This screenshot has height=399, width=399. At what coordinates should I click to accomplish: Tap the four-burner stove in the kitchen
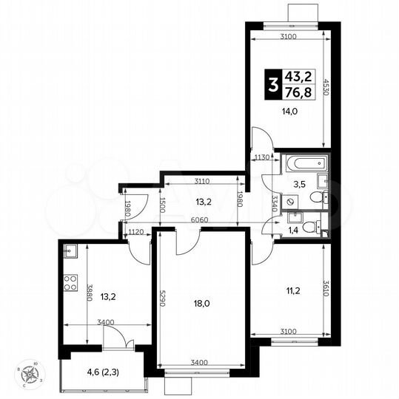71,282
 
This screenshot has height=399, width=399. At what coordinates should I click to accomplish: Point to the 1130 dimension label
260,157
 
